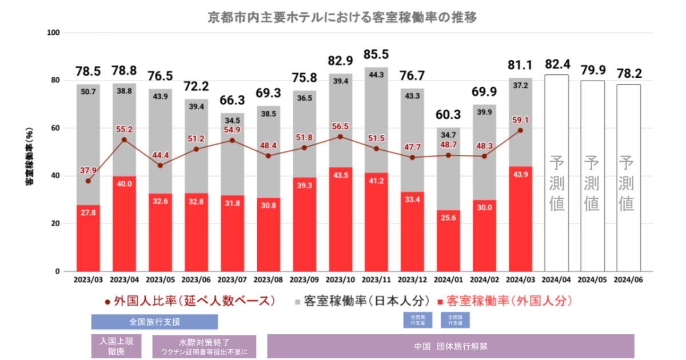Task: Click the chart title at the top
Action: [342, 17]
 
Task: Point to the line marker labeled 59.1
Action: [520, 130]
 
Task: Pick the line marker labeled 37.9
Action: [88, 181]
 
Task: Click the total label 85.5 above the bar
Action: [376, 55]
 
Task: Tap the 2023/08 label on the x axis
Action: [268, 280]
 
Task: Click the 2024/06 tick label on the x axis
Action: [628, 280]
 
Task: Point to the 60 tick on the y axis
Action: [55, 128]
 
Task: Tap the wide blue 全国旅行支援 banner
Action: [154, 321]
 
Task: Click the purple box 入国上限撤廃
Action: [116, 346]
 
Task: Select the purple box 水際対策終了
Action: [204, 346]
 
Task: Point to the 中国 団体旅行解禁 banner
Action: [450, 346]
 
